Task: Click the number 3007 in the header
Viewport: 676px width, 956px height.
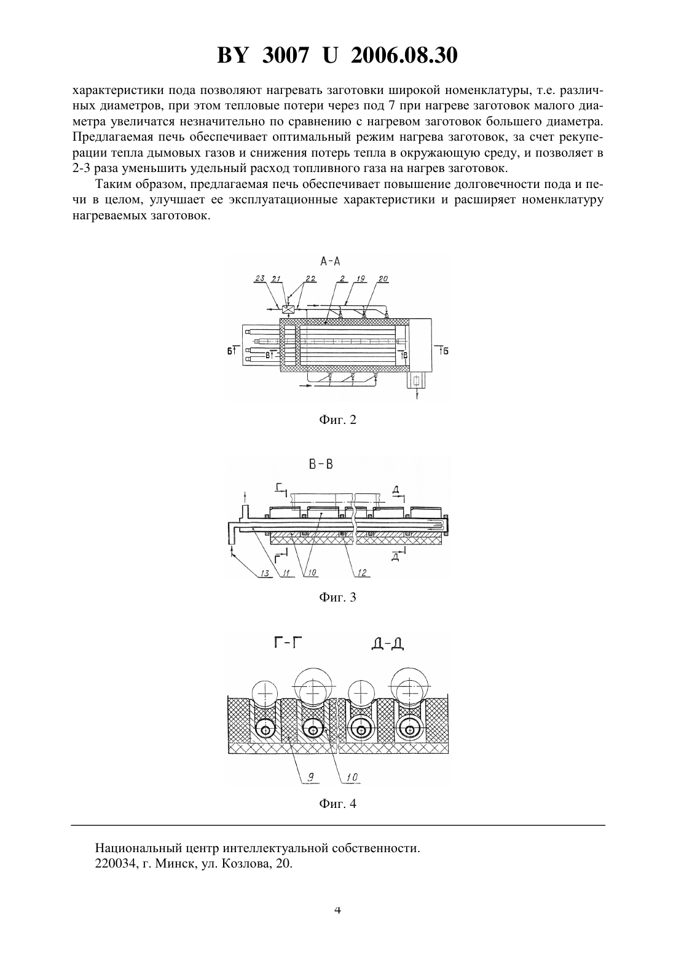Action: click(x=284, y=55)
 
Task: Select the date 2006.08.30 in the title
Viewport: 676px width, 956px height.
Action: click(x=404, y=55)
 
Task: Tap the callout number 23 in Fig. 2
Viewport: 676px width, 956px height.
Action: click(x=259, y=279)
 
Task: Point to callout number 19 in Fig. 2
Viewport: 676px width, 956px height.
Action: click(x=360, y=279)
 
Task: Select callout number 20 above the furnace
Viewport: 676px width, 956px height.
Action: click(x=383, y=279)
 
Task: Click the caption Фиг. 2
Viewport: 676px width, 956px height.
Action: click(x=337, y=420)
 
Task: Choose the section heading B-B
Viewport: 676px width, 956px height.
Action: click(x=321, y=464)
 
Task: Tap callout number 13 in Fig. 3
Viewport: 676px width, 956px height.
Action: click(x=265, y=573)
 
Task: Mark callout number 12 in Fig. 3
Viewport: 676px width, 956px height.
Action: click(x=363, y=573)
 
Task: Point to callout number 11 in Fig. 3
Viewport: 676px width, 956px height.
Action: click(x=286, y=573)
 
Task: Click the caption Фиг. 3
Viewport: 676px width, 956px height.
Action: click(x=337, y=597)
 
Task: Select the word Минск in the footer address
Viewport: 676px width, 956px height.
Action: click(x=176, y=864)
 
